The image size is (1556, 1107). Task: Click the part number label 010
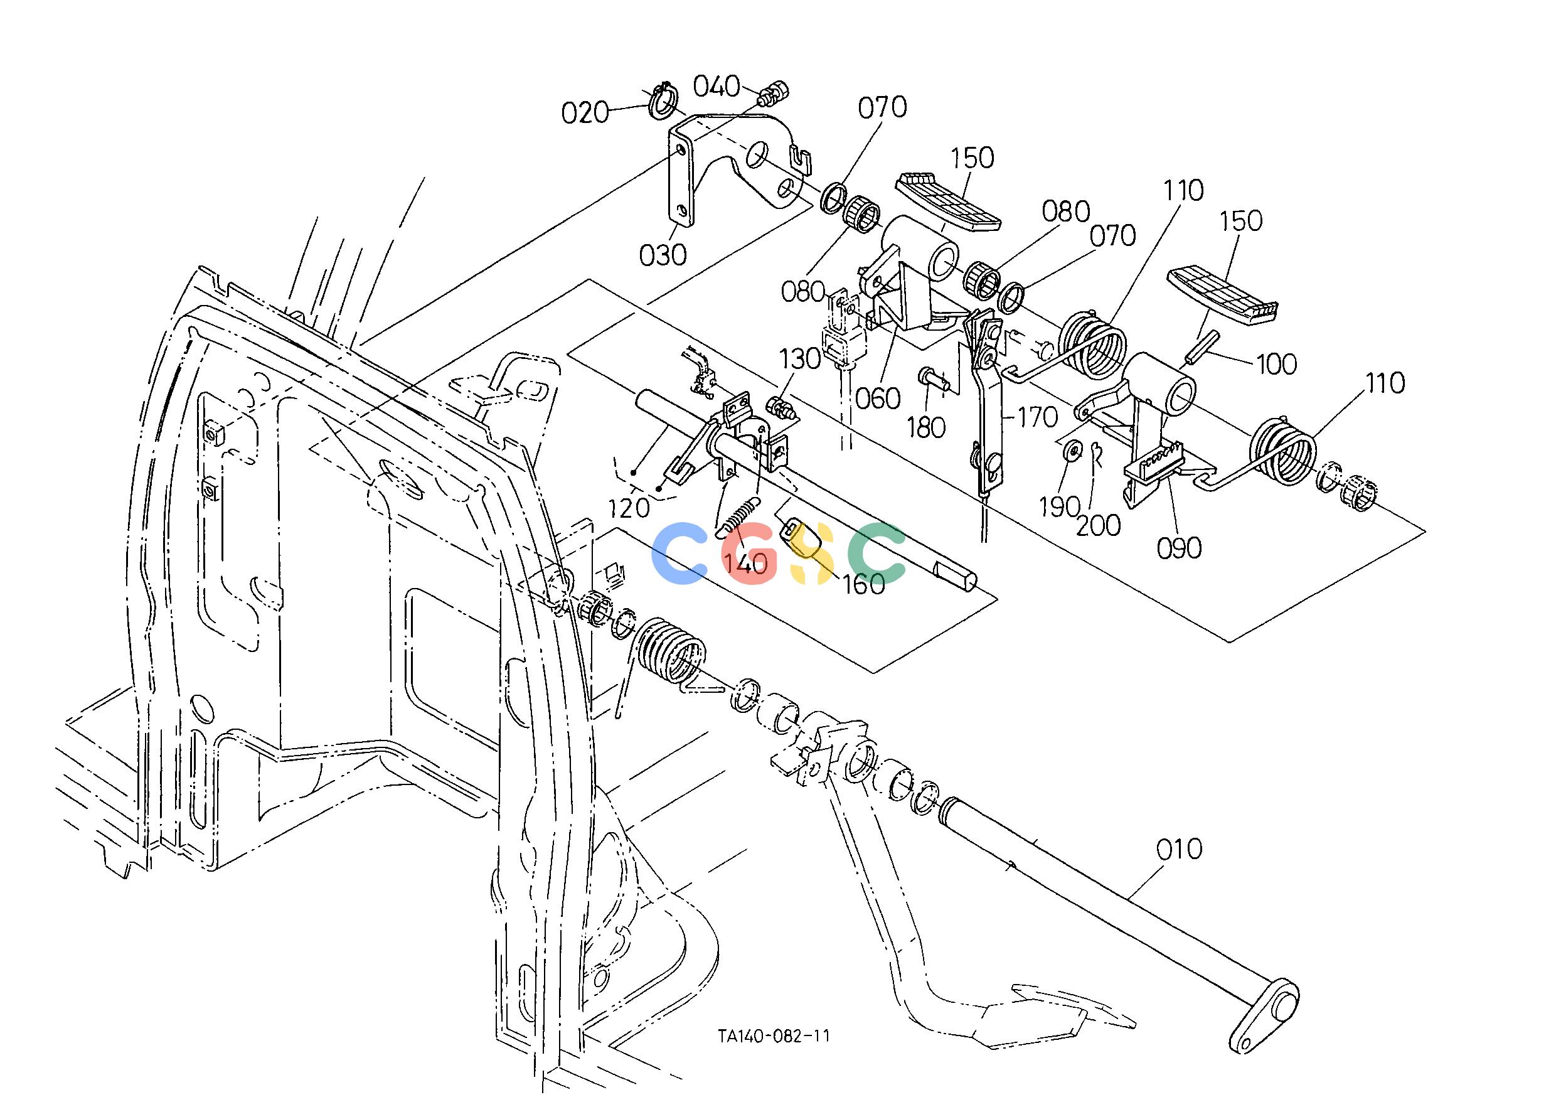pyautogui.click(x=1179, y=849)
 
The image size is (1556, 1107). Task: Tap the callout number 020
pyautogui.click(x=585, y=112)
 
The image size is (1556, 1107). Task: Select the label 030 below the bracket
pyautogui.click(x=663, y=255)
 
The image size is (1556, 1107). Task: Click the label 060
pyautogui.click(x=878, y=397)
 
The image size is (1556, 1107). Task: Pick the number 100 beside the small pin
pyautogui.click(x=1277, y=364)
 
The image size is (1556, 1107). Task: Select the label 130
pyautogui.click(x=799, y=358)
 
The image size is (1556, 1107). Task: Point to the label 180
pyautogui.click(x=925, y=427)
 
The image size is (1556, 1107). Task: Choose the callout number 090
pyautogui.click(x=1180, y=547)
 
